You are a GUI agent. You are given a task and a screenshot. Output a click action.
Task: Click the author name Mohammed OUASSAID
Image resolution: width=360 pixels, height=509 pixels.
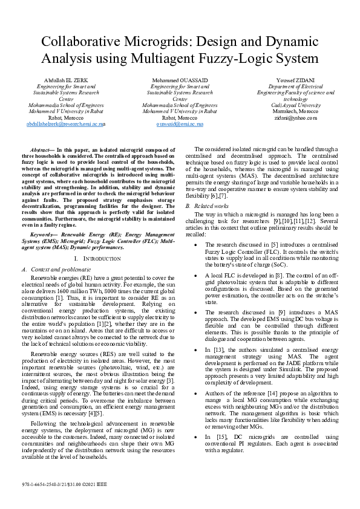click(180, 80)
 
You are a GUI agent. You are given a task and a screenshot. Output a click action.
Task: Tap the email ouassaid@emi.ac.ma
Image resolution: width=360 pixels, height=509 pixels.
click(180, 123)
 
